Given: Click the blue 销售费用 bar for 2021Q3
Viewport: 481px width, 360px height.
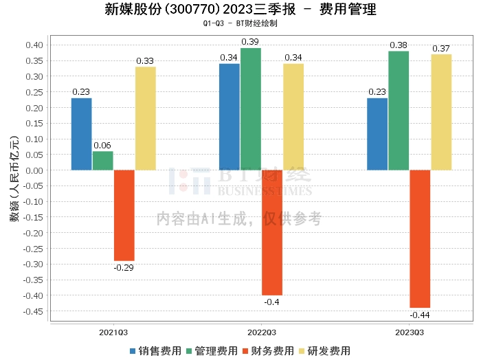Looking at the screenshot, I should click(x=82, y=134).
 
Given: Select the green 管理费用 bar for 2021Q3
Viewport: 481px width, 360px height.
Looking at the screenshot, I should click(x=103, y=161).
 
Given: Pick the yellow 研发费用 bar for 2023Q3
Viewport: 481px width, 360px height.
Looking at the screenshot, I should click(x=441, y=112).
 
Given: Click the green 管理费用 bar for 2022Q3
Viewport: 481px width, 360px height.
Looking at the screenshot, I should click(x=251, y=109).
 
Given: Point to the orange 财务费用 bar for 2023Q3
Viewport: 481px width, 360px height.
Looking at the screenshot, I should click(x=420, y=238).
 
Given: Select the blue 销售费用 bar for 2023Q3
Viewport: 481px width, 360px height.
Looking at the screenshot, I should click(x=377, y=134).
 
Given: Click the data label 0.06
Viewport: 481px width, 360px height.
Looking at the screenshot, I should click(x=102, y=146).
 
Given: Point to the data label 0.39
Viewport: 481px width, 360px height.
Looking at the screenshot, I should click(x=250, y=43).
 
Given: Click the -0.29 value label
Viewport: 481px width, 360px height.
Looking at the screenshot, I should click(x=124, y=267).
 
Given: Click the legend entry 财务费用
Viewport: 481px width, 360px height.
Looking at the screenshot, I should click(x=273, y=350).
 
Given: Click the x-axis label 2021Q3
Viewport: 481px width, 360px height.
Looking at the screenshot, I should click(x=113, y=332).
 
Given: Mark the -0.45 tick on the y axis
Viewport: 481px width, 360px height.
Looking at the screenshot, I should click(x=33, y=311).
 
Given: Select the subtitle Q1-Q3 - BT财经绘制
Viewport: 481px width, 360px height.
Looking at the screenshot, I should click(x=240, y=24).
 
